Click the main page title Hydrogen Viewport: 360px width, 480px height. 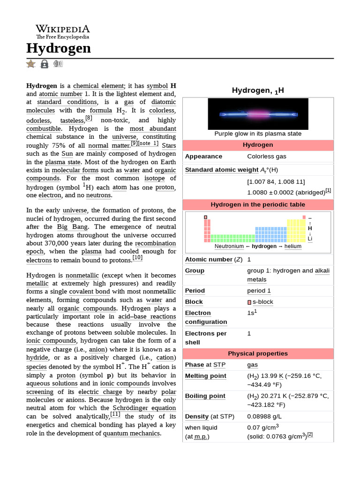59,48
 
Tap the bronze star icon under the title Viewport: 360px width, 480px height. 31,64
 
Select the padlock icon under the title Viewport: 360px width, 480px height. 45,64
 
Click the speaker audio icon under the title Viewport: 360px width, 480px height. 58,64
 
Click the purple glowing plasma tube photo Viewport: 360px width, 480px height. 258,114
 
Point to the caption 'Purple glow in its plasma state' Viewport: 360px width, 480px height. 258,134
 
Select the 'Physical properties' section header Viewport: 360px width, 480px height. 258,353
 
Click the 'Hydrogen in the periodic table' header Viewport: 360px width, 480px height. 258,204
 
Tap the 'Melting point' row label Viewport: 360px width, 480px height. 206,376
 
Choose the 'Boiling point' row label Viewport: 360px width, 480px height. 205,396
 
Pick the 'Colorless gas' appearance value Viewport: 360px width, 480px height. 267,156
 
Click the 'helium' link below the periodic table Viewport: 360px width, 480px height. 293,246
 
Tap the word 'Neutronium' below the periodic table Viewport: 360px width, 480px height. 229,246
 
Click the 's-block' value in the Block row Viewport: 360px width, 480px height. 262,302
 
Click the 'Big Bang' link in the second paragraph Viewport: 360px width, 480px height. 69,227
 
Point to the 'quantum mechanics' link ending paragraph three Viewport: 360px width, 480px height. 132,433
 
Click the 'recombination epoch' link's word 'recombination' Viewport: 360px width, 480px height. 156,243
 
